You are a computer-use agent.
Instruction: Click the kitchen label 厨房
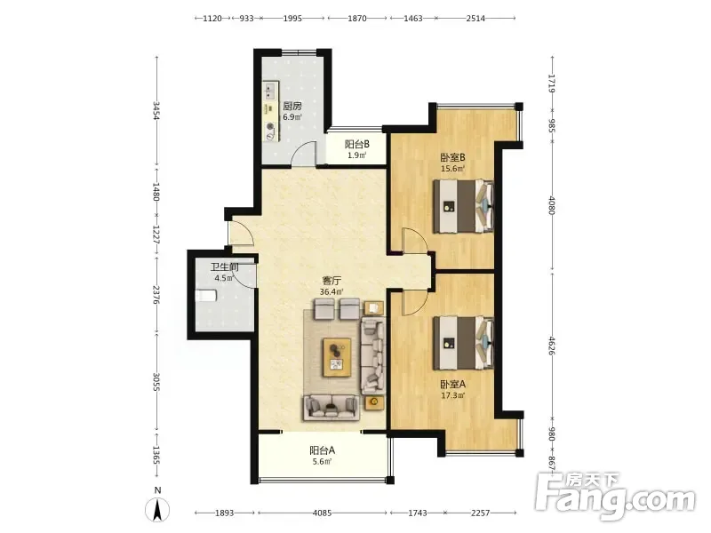tap(292, 107)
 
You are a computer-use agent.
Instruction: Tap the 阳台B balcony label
tap(357, 145)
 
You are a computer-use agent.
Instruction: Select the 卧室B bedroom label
tap(453, 158)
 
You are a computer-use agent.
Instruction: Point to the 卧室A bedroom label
tap(453, 385)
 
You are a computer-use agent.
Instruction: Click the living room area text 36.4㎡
tap(332, 292)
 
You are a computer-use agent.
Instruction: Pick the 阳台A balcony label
tap(323, 450)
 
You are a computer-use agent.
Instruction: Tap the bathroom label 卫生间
tap(225, 267)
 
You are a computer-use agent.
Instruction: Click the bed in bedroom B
tap(463, 206)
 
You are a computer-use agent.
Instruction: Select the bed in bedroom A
tap(463, 343)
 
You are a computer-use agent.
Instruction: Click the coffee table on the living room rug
tap(337, 358)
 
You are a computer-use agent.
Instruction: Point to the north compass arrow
tap(158, 510)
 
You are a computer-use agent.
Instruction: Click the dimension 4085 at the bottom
tap(323, 513)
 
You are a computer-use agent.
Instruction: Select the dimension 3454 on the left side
tap(156, 111)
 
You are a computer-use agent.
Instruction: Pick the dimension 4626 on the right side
tap(552, 346)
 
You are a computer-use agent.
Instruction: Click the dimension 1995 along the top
tap(292, 19)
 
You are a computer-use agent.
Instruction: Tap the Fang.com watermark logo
tap(615, 497)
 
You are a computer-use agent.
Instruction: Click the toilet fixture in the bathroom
tap(206, 296)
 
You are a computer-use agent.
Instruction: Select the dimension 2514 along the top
tap(475, 19)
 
